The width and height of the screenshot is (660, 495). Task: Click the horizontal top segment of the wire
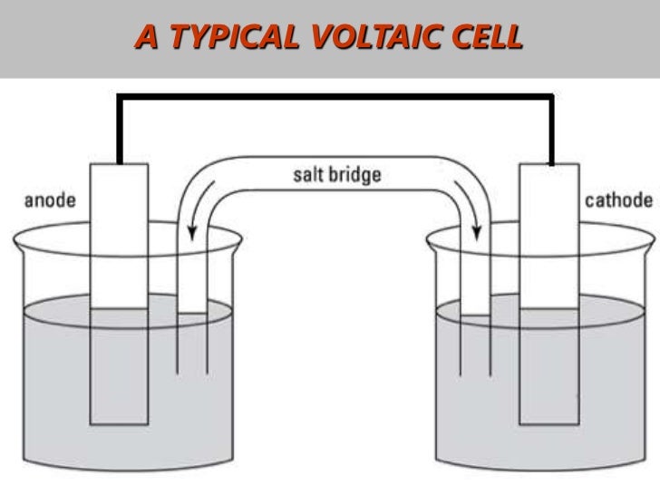click(335, 93)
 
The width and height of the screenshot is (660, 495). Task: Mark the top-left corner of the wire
click(118, 93)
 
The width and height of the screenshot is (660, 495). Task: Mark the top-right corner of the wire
click(551, 93)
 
